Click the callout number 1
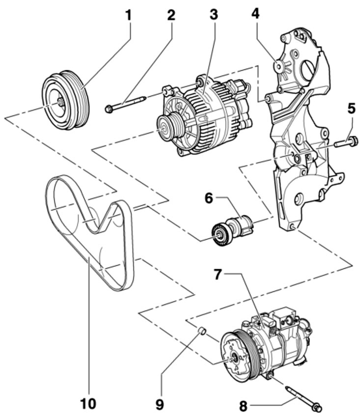tap(129, 16)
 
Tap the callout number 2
tap(171, 15)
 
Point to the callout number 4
tap(255, 13)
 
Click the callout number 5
tap(351, 109)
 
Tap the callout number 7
tap(219, 275)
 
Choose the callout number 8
tap(243, 406)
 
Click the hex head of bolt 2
tap(109, 109)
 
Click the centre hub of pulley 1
tap(60, 102)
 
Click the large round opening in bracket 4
tap(307, 70)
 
